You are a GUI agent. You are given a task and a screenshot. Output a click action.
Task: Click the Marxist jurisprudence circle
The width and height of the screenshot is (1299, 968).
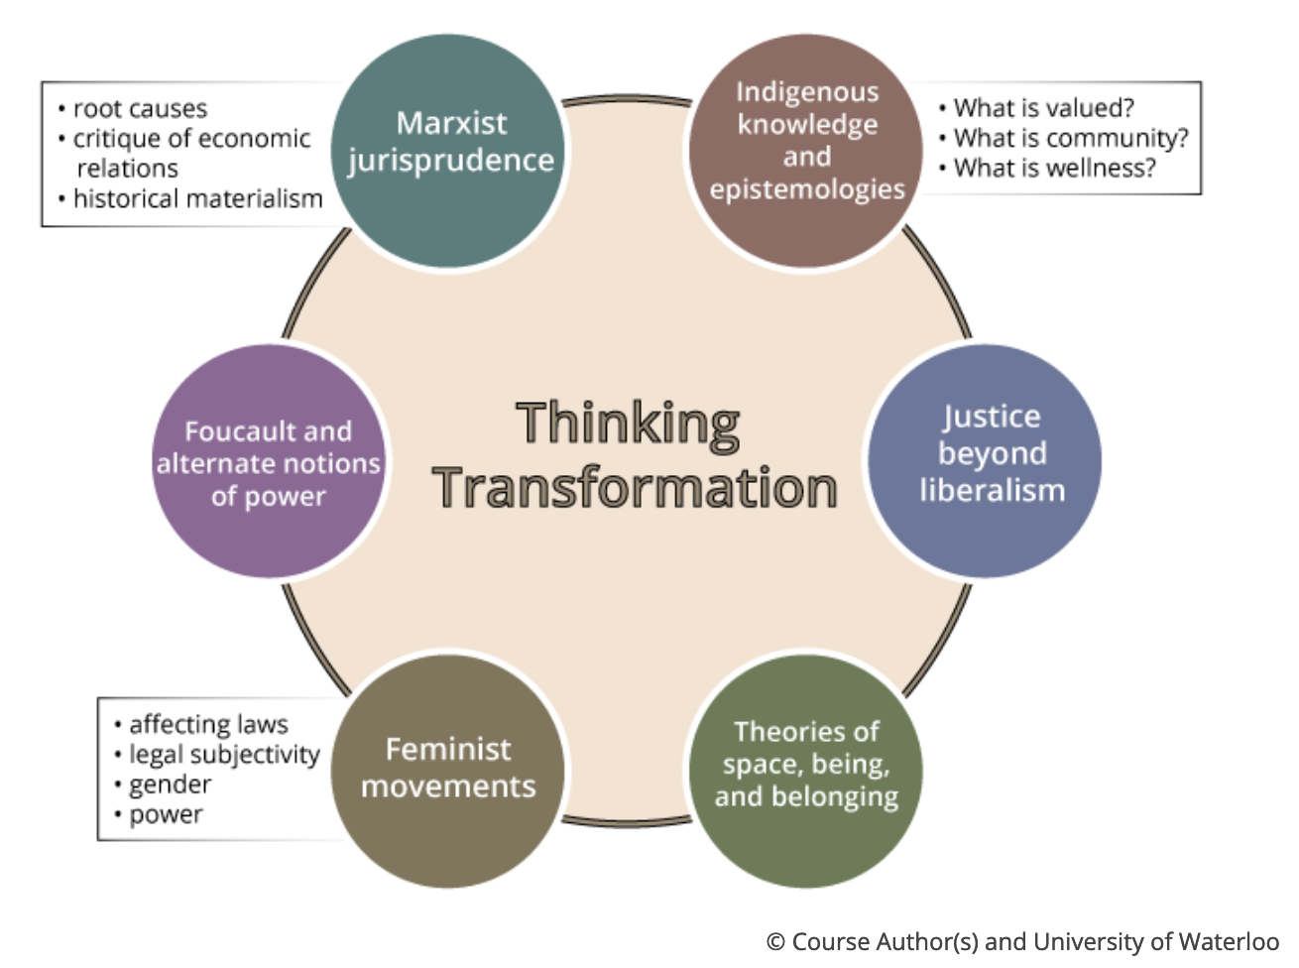click(x=448, y=149)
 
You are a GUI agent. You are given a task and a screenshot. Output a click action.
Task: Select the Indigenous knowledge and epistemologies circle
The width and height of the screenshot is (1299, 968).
click(x=806, y=149)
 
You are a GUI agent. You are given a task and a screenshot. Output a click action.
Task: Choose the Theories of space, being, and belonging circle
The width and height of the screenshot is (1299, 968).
click(x=806, y=770)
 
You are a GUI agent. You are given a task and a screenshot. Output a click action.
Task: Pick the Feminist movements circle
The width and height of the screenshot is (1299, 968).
click(x=448, y=770)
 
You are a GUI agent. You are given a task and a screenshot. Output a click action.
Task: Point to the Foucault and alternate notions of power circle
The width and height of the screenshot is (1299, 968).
click(x=269, y=462)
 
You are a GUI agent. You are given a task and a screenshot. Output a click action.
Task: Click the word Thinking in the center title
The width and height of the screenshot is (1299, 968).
click(x=628, y=423)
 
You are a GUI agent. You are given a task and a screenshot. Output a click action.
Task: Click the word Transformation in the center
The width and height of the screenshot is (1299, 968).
click(x=635, y=488)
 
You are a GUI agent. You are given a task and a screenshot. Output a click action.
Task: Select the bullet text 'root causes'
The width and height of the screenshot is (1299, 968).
click(x=140, y=108)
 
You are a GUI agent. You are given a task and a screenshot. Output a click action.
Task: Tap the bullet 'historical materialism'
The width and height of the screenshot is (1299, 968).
click(x=197, y=198)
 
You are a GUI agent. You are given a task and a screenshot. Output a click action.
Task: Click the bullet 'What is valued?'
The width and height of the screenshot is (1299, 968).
click(x=1043, y=107)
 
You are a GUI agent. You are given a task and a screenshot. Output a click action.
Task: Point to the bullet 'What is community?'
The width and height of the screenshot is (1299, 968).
click(x=1070, y=138)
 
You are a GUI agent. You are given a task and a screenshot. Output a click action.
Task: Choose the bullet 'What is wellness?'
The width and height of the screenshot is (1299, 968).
click(x=1054, y=168)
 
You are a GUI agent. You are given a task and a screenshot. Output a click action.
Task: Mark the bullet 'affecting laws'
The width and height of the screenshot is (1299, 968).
click(x=208, y=724)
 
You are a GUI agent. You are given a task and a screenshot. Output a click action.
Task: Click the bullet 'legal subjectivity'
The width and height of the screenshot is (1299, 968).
click(x=224, y=755)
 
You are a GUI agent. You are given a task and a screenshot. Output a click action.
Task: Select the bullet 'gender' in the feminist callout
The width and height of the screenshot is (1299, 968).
click(x=170, y=785)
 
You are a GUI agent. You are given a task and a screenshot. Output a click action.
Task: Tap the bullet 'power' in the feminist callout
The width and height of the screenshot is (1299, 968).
click(x=166, y=814)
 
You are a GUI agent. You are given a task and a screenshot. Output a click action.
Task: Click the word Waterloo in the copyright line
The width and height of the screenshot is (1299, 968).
click(x=1231, y=941)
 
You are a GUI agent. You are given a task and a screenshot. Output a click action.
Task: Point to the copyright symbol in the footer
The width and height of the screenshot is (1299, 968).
click(x=776, y=942)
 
